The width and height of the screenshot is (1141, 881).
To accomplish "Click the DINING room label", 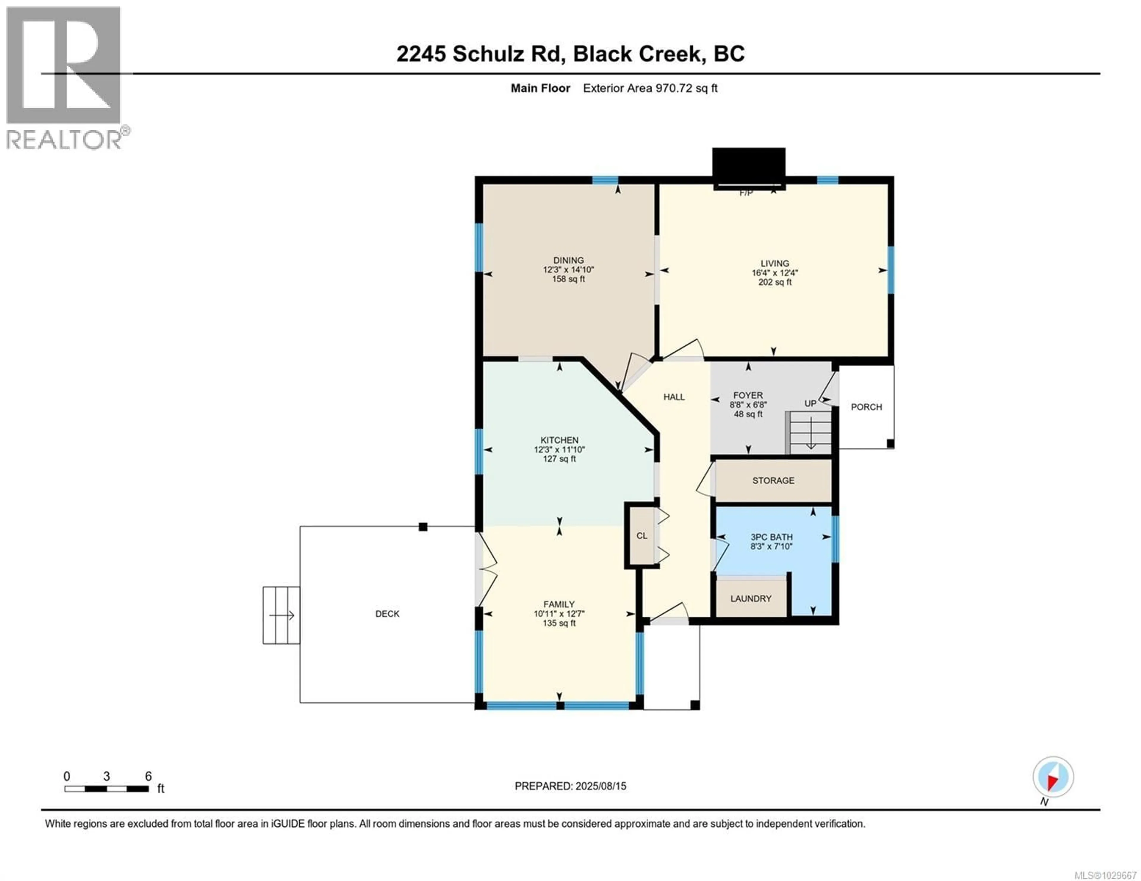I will (x=568, y=260).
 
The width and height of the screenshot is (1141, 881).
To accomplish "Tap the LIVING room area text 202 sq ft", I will (x=775, y=282).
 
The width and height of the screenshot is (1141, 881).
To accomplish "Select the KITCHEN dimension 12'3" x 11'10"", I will (x=559, y=450).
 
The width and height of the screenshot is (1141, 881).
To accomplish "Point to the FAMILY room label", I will (x=559, y=604).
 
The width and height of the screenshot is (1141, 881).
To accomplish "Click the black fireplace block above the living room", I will (x=748, y=166).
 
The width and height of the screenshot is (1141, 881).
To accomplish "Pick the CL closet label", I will (x=642, y=536).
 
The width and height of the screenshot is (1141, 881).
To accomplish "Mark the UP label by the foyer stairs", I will (x=810, y=404).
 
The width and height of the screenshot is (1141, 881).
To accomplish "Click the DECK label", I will (x=387, y=614).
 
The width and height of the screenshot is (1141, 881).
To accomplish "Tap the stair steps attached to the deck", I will (x=281, y=615).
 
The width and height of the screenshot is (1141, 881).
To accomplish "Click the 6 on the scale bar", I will (x=148, y=776).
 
